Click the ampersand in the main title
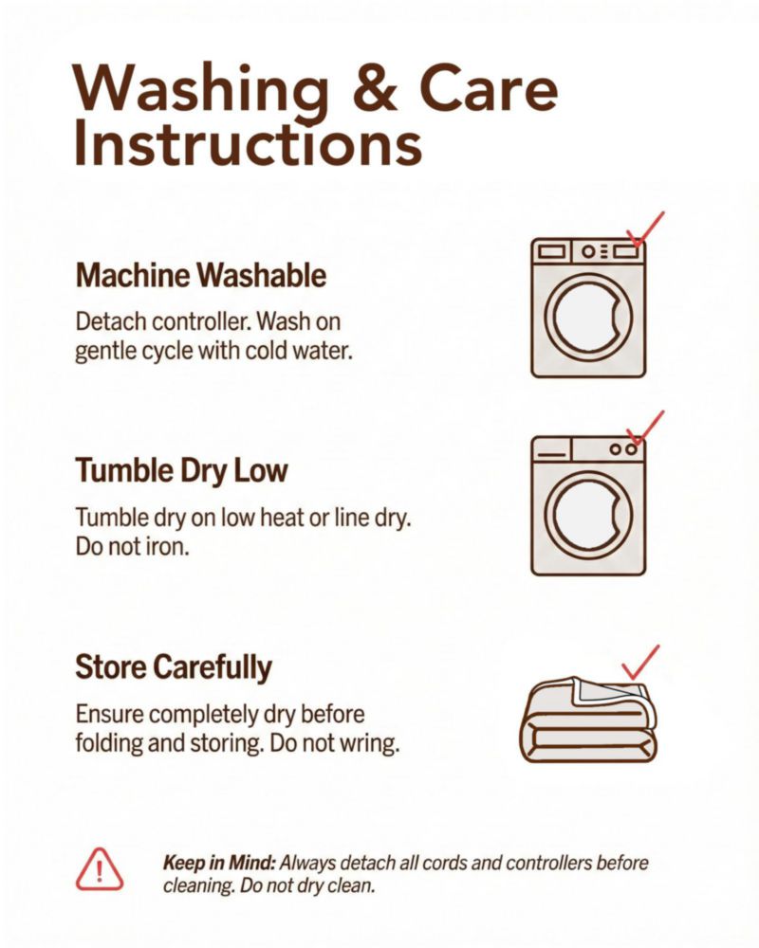[375, 88]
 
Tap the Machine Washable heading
[201, 276]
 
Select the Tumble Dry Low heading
[181, 471]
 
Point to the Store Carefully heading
[174, 667]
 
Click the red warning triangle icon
[100, 869]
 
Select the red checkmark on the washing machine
[644, 229]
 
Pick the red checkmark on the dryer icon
[644, 428]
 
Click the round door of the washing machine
[588, 318]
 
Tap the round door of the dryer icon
[588, 516]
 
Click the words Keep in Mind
[220, 863]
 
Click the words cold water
[298, 351]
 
